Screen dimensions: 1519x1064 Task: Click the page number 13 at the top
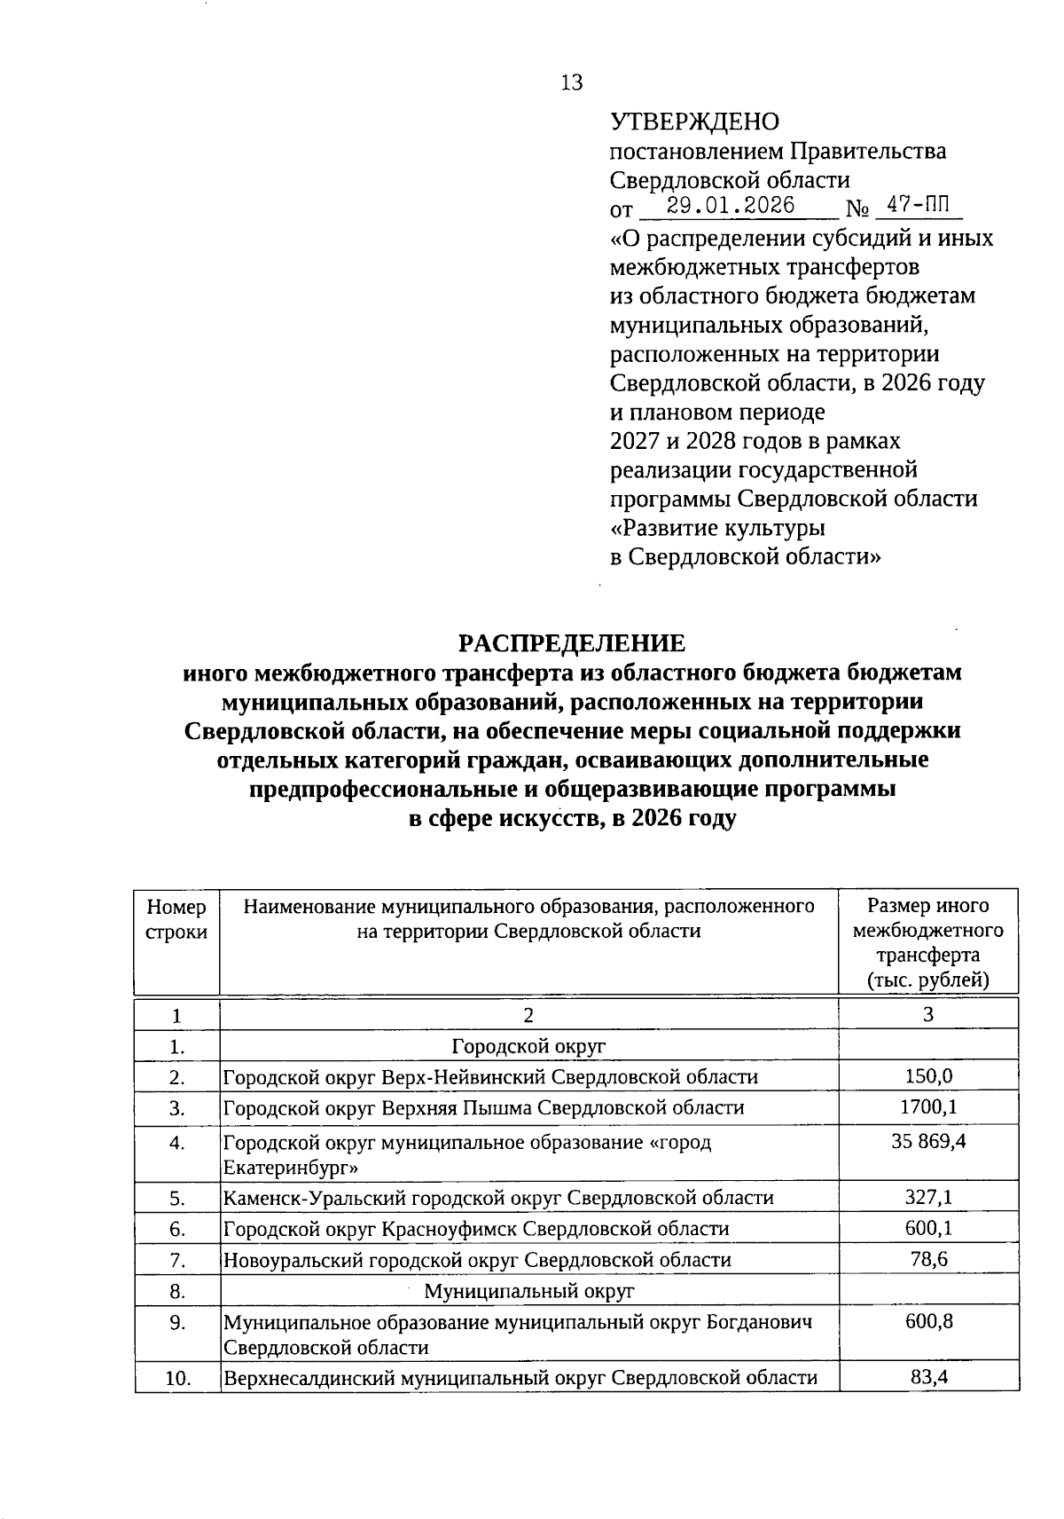pyautogui.click(x=572, y=83)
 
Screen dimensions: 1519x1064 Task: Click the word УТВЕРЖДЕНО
pyautogui.click(x=694, y=122)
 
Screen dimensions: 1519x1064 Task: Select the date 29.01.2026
pyautogui.click(x=730, y=207)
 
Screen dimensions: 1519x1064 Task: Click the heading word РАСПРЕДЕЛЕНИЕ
pyautogui.click(x=571, y=643)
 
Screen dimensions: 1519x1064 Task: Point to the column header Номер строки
pyautogui.click(x=176, y=919)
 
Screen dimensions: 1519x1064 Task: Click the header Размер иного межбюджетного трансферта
pyautogui.click(x=927, y=942)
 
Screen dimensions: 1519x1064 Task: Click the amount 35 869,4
pyautogui.click(x=928, y=1141)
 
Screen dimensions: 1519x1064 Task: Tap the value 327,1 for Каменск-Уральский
pyautogui.click(x=928, y=1198)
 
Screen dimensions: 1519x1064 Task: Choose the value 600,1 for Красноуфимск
pyautogui.click(x=928, y=1229)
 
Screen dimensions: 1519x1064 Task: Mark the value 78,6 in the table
pyautogui.click(x=928, y=1259)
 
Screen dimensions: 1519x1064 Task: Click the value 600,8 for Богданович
pyautogui.click(x=928, y=1321)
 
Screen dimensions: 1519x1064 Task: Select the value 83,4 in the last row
pyautogui.click(x=928, y=1378)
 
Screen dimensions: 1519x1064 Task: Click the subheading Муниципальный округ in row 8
pyautogui.click(x=528, y=1290)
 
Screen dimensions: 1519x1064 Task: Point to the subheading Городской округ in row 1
pyautogui.click(x=528, y=1046)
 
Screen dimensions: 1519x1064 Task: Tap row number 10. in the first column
pyautogui.click(x=178, y=1379)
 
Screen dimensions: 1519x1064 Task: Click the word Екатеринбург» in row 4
pyautogui.click(x=290, y=1167)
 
